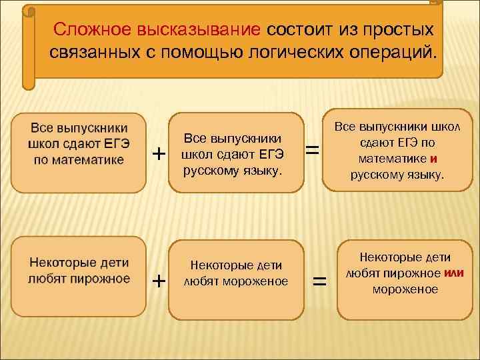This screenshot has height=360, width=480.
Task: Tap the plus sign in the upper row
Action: tap(159, 153)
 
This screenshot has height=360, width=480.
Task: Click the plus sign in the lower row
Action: tap(159, 281)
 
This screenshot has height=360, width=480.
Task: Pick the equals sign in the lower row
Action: tap(320, 282)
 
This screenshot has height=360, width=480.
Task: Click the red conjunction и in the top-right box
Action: tap(433, 159)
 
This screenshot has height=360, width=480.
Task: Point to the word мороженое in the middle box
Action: tap(255, 281)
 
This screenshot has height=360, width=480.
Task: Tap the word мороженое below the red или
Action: tap(405, 289)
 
